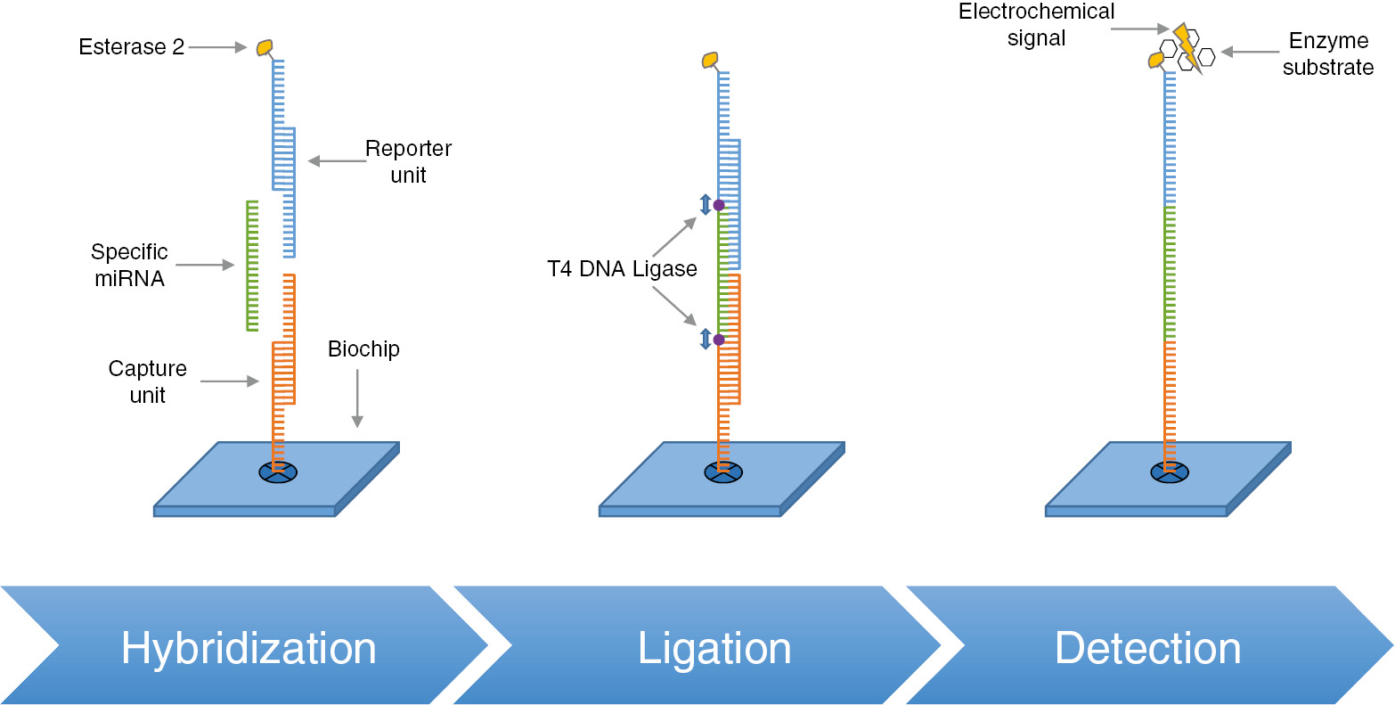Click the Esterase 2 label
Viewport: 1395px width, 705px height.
pos(131,47)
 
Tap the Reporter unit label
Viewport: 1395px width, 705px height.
pos(408,161)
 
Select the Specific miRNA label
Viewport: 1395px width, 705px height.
pos(128,265)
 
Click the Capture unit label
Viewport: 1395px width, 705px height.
pos(147,381)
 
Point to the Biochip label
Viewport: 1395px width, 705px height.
pos(363,348)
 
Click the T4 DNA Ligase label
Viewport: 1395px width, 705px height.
pos(622,269)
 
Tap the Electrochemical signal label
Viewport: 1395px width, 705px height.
pos(1037,25)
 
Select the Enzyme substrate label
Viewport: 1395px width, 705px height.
pos(1328,54)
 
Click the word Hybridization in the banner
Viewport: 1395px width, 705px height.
pos(249,648)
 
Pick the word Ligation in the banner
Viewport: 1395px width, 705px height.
pos(714,648)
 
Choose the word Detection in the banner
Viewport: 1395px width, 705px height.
pos(1147,648)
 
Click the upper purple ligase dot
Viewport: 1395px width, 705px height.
pos(719,205)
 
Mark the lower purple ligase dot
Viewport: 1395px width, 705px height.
pos(719,340)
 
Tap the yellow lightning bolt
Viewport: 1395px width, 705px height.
pos(1187,46)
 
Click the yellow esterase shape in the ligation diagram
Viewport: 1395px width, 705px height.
pos(710,60)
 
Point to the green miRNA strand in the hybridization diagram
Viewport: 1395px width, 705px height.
pos(251,266)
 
